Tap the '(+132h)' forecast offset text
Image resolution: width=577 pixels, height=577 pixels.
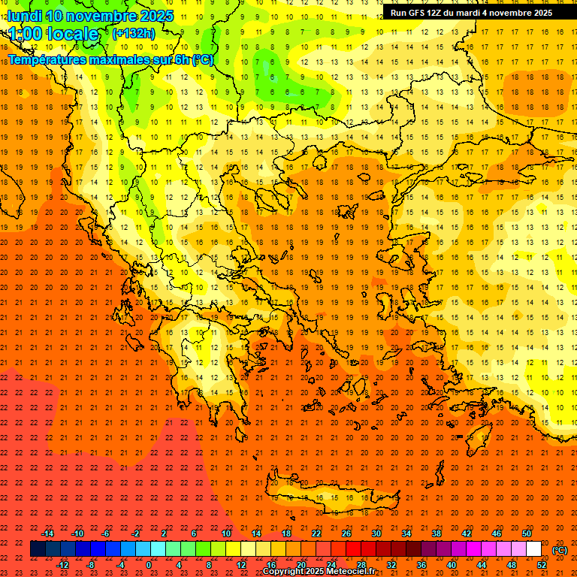point(134,33)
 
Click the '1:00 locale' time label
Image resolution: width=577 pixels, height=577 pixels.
point(53,34)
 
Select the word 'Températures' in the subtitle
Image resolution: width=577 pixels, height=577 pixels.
point(47,59)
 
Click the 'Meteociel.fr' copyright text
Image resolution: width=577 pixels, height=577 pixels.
point(351,572)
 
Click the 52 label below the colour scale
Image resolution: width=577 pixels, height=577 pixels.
point(542,565)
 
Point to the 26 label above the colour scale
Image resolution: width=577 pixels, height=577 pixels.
point(346,533)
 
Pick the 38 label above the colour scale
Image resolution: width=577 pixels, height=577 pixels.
point(437,533)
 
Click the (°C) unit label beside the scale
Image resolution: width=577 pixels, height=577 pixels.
point(560,550)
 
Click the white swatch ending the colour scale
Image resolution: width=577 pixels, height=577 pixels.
point(533,549)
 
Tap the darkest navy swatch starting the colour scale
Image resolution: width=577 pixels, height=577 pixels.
point(38,549)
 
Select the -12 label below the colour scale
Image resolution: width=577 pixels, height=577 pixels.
point(62,565)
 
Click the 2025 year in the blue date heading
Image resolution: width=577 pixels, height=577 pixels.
point(153,15)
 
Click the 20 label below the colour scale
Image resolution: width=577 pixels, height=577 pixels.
point(301,565)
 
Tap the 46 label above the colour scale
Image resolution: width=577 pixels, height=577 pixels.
point(497,533)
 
